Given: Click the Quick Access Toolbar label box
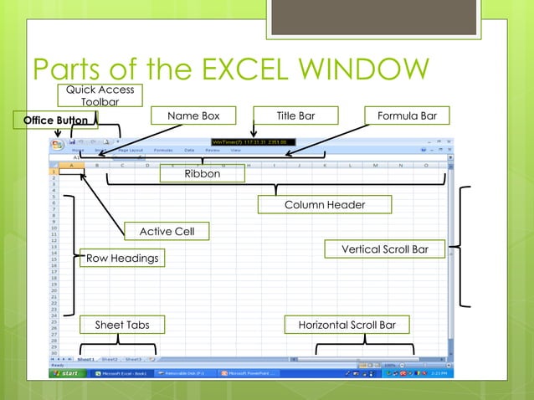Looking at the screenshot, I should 100,95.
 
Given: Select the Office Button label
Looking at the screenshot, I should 55,121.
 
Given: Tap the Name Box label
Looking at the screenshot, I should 193,115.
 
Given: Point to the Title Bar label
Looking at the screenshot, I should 295,115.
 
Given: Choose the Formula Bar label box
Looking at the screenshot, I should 407,115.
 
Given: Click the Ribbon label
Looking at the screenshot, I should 203,174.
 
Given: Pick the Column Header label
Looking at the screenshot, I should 325,204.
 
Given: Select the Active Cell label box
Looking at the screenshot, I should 167,231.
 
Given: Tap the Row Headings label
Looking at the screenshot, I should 122,259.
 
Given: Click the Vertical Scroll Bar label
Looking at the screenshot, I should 384,249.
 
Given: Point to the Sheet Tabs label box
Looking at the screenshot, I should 121,325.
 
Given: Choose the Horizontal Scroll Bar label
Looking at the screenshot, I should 347,325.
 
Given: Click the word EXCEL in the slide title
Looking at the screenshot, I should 237,70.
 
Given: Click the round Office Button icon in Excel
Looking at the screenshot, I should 57,144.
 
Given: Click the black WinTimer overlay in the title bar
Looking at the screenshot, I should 250,142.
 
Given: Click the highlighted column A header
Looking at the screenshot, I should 72,165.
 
